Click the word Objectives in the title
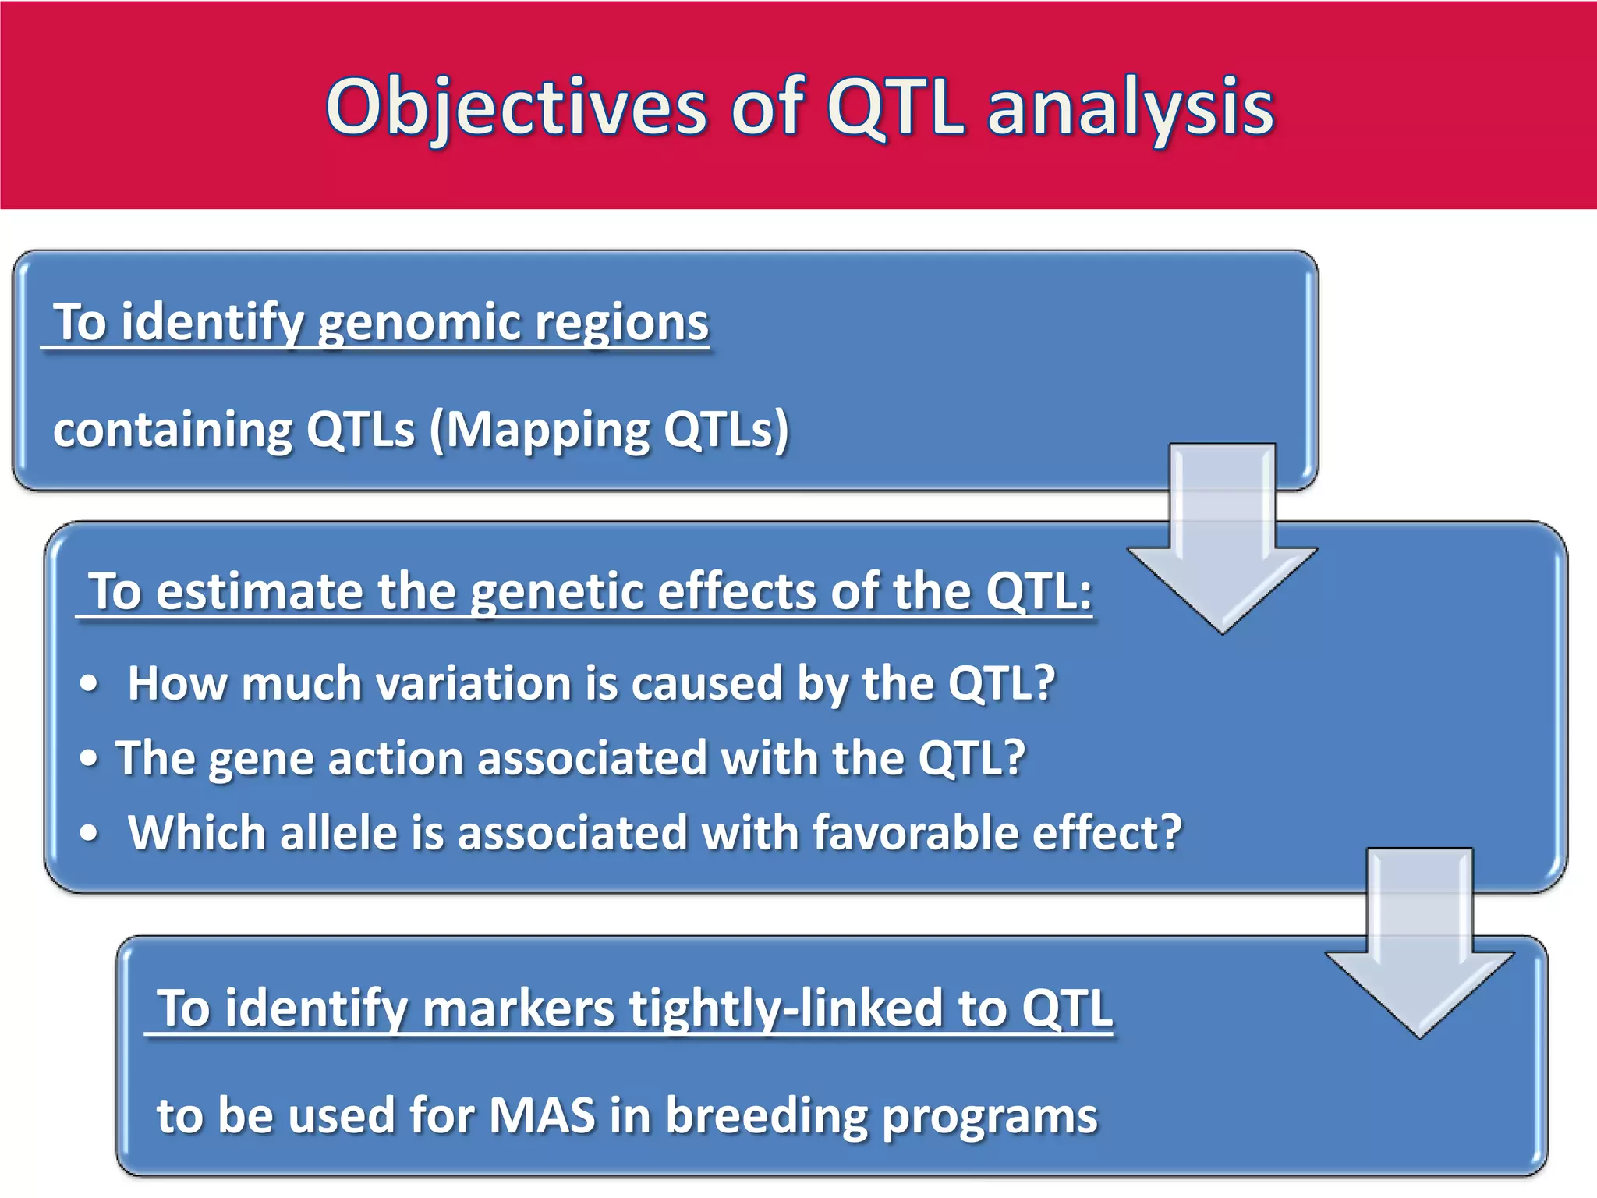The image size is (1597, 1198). pyautogui.click(x=515, y=108)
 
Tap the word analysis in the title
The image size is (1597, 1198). pyautogui.click(x=1130, y=108)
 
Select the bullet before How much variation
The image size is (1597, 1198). pyautogui.click(x=90, y=684)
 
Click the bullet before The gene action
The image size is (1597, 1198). pyautogui.click(x=90, y=759)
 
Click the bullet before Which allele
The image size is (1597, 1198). pyautogui.click(x=90, y=834)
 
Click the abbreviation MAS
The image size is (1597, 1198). pyautogui.click(x=542, y=1115)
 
